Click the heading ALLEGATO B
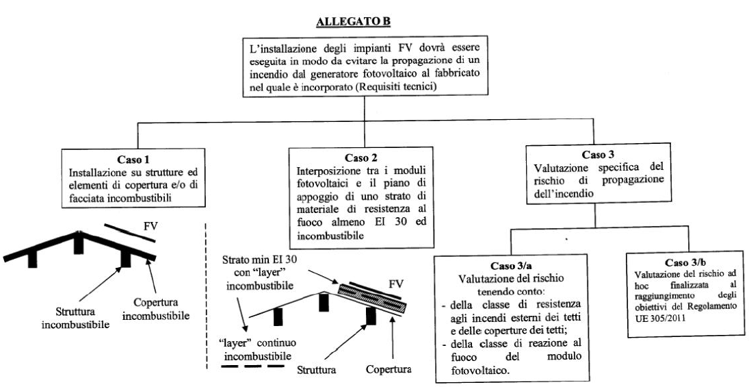pyautogui.click(x=353, y=22)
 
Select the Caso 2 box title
pyautogui.click(x=361, y=158)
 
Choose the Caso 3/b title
pyautogui.click(x=685, y=264)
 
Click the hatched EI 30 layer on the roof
pyautogui.click(x=369, y=295)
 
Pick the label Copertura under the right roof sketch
pyautogui.click(x=389, y=371)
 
